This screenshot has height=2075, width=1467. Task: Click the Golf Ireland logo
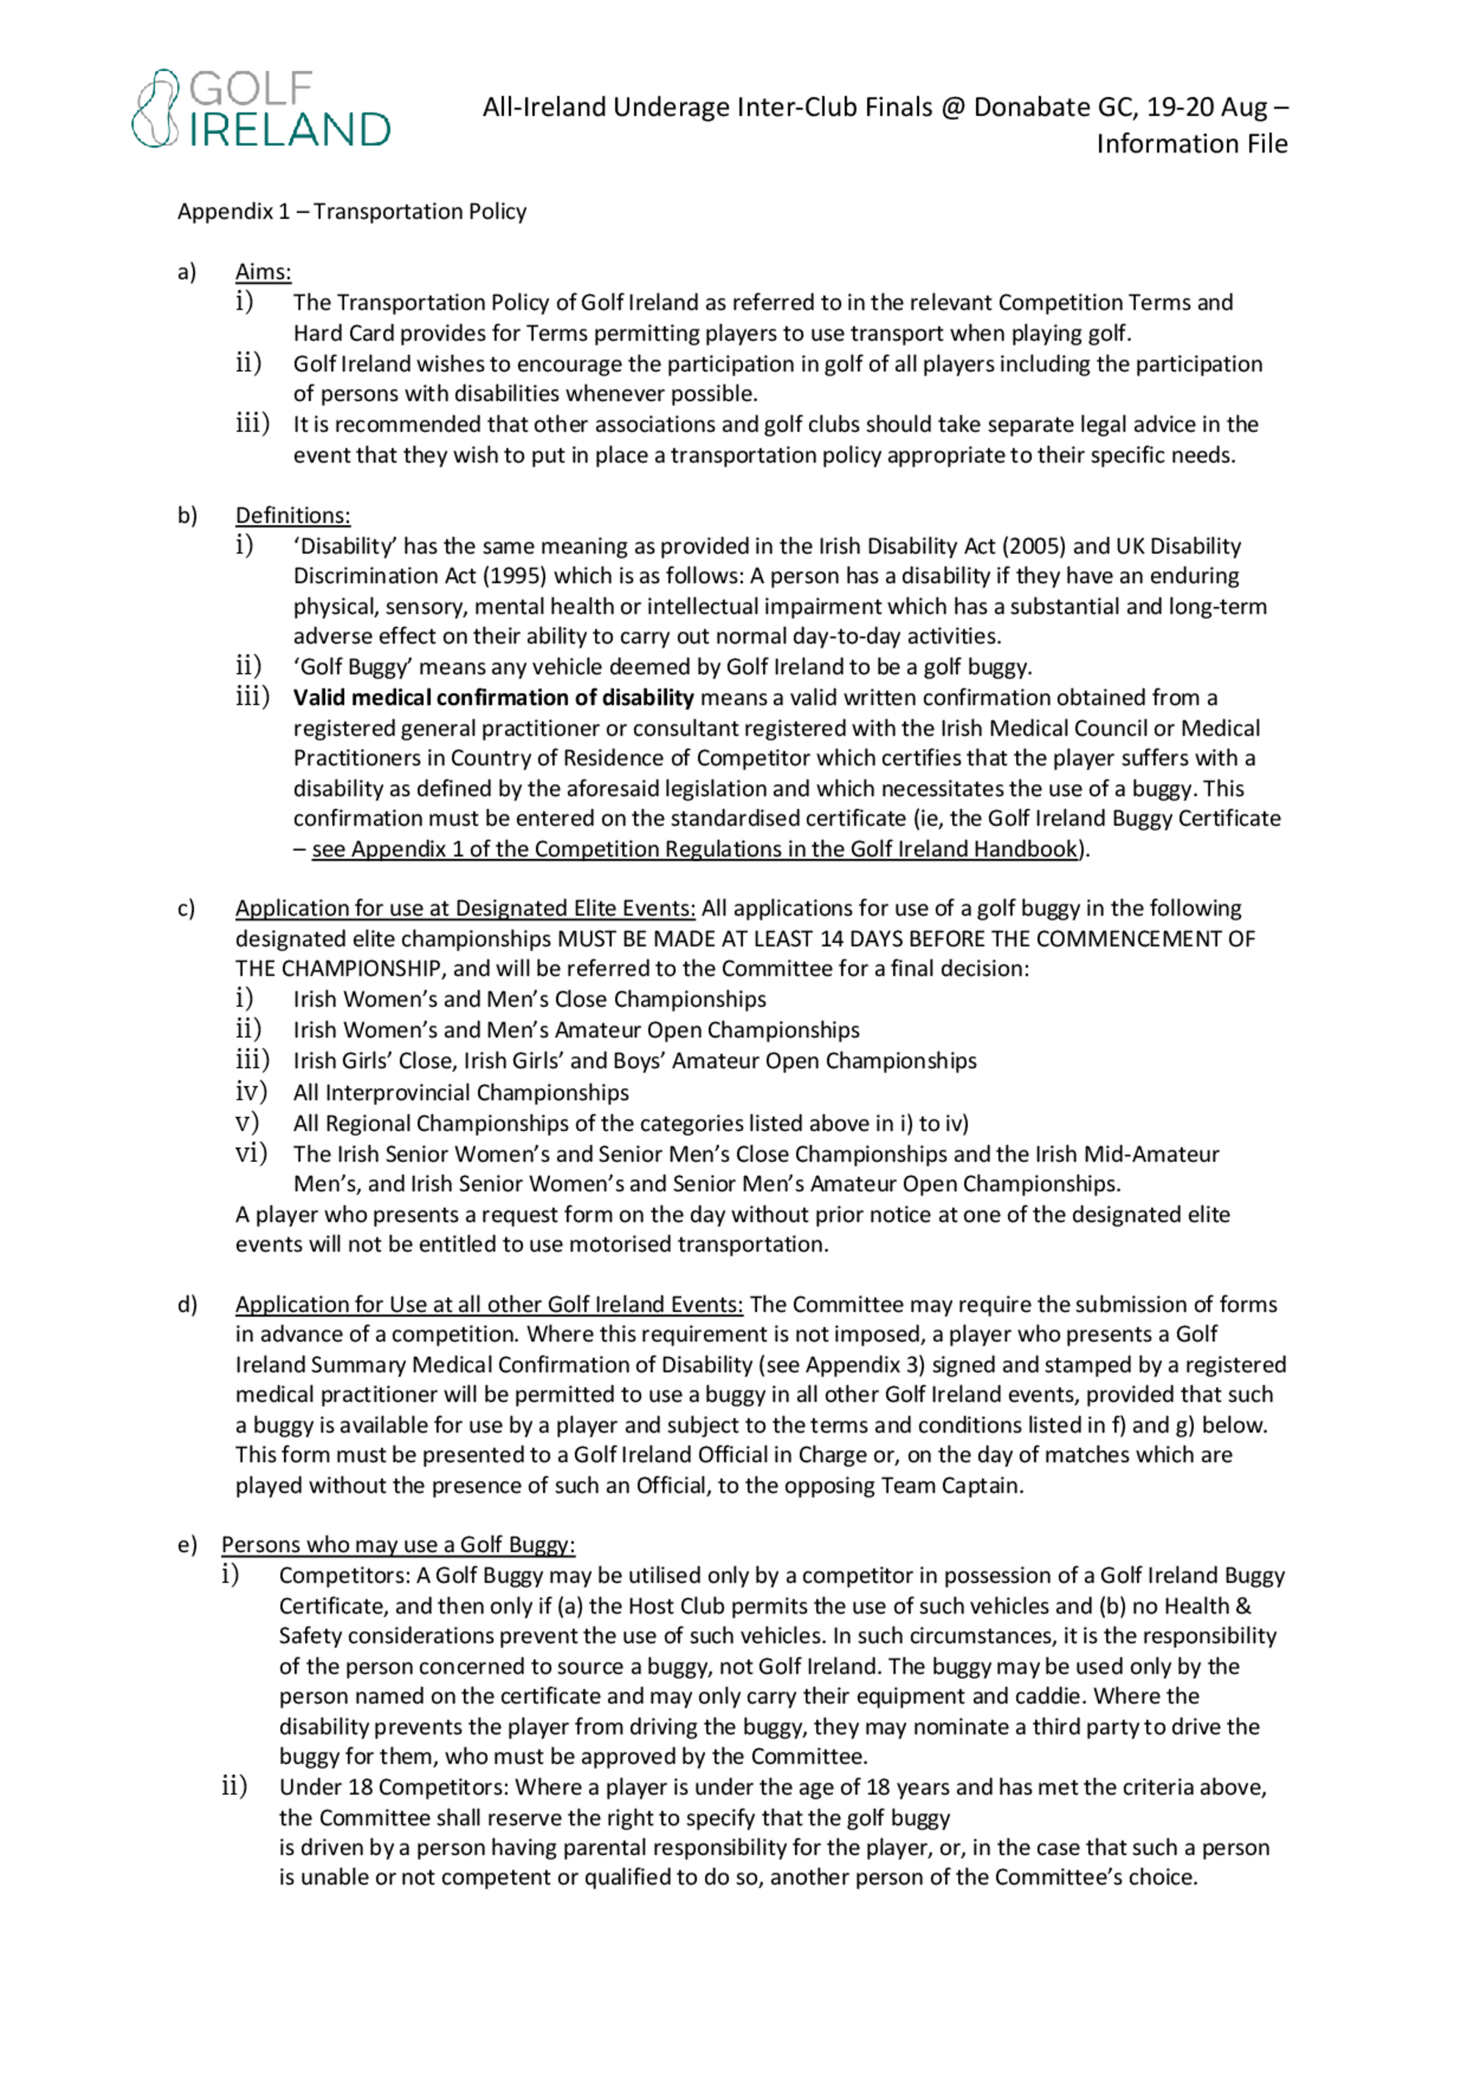(x=261, y=109)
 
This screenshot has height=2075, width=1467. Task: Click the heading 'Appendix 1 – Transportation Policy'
(x=351, y=211)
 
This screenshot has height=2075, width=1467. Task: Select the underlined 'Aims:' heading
(x=263, y=272)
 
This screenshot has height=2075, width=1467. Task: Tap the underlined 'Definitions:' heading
(x=293, y=516)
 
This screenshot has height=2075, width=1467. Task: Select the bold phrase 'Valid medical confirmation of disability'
(x=494, y=698)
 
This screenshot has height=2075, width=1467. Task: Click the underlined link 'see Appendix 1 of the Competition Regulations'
(x=694, y=849)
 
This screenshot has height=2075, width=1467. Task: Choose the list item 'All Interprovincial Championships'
(x=461, y=1093)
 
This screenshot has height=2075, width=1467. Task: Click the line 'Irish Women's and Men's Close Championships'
(x=530, y=1000)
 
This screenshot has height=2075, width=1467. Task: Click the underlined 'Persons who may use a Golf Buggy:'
(x=398, y=1545)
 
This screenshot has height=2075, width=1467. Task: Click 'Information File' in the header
(x=1191, y=144)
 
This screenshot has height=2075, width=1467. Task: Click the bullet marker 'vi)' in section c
(x=252, y=1153)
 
